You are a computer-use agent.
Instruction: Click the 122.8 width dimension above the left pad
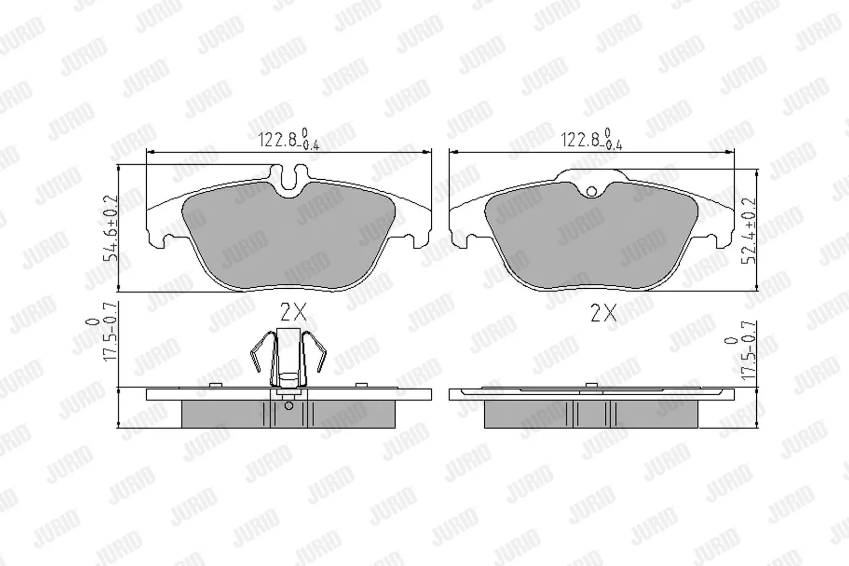[x=289, y=139]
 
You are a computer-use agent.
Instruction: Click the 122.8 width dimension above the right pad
[x=592, y=139]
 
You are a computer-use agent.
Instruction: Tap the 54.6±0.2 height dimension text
[x=111, y=228]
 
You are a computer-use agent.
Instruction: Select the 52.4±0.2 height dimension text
[x=748, y=231]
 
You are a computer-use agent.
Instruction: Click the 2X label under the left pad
[x=293, y=312]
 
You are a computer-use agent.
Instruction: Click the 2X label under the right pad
[x=603, y=313]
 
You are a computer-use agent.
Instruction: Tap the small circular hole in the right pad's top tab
[x=591, y=191]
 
